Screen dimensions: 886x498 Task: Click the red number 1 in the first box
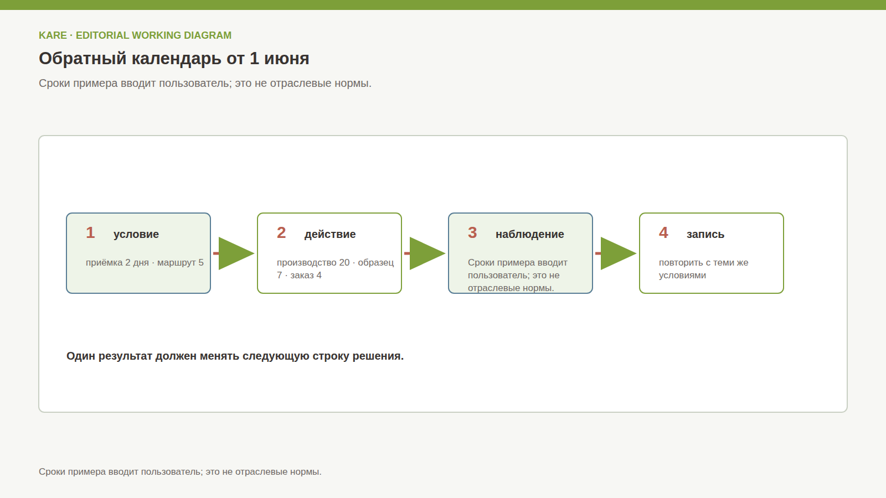[x=90, y=233]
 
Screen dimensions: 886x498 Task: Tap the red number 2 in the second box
[x=281, y=233]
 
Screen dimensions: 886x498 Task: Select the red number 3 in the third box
[x=472, y=233]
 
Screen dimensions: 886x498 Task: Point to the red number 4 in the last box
[x=663, y=233]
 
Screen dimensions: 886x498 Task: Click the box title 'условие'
[x=136, y=235]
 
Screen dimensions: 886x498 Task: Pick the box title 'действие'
[x=330, y=235]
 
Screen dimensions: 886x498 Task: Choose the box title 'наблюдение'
[x=529, y=235]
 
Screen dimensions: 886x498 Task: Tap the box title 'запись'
[x=705, y=235]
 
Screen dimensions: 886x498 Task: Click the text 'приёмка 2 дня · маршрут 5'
[x=145, y=263]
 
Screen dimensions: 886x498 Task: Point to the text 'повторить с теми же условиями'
[x=704, y=269]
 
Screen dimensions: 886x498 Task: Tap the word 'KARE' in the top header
[x=53, y=35]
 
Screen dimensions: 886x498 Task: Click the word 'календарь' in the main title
[x=177, y=59]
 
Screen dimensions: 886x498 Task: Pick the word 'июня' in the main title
[x=287, y=59]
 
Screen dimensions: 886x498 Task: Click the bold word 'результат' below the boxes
[x=125, y=356]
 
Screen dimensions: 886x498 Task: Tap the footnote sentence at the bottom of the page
[x=180, y=472]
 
